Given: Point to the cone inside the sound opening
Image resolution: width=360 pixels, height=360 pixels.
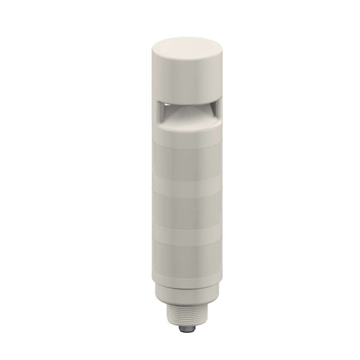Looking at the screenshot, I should pos(181,110).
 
